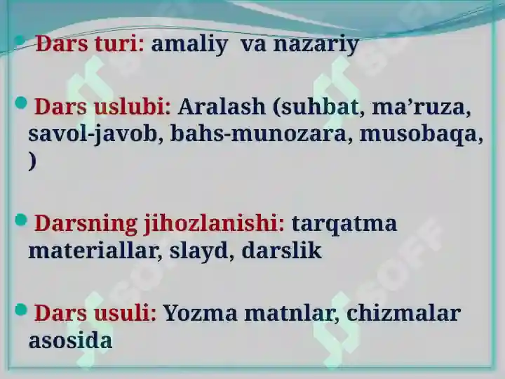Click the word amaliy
click(x=189, y=44)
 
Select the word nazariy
click(x=316, y=44)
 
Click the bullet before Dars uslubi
click(x=21, y=102)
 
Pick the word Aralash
click(x=222, y=107)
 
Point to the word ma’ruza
click(x=419, y=107)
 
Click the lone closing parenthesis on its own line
click(x=32, y=161)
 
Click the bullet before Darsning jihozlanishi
click(x=21, y=220)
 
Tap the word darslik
click(x=281, y=250)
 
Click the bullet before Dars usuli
click(x=21, y=310)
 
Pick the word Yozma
click(x=200, y=313)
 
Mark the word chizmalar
click(x=403, y=312)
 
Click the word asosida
click(x=70, y=340)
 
